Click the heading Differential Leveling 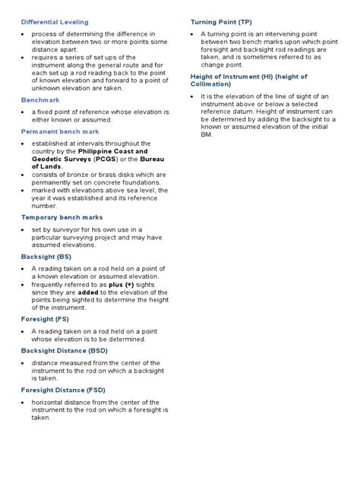(55, 22)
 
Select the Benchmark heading (39, 99)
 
